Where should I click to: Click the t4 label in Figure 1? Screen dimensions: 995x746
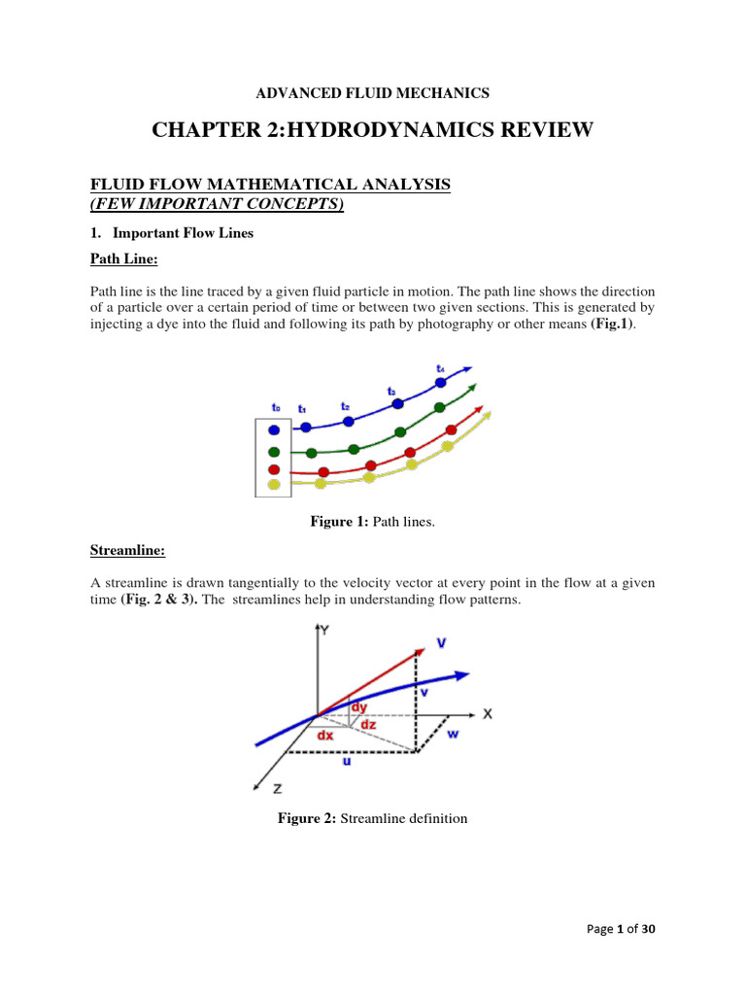[441, 369]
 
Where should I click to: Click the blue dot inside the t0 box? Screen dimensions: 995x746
[274, 429]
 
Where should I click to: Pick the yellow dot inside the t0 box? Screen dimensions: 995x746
[274, 484]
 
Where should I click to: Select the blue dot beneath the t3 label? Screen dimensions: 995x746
[397, 404]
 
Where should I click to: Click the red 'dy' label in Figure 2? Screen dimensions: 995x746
[359, 708]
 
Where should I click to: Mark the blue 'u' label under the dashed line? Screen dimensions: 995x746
[347, 763]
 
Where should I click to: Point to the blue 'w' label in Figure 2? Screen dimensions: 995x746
[453, 734]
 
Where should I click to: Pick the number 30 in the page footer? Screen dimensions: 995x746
[648, 930]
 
